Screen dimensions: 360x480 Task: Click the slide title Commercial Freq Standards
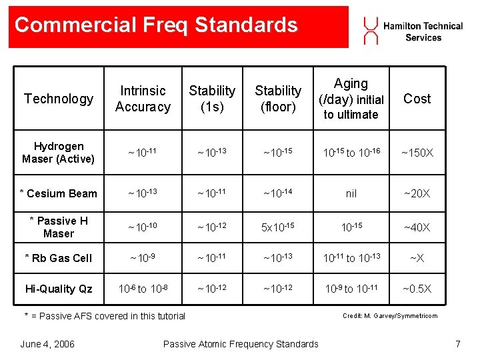[x=156, y=25]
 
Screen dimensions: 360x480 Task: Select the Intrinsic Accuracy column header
[x=143, y=99]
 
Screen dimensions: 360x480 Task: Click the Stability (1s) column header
[x=212, y=99]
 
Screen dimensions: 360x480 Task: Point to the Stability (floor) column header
[x=278, y=99]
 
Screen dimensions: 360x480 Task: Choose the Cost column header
[x=417, y=99]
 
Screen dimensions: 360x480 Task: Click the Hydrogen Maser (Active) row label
[x=59, y=153]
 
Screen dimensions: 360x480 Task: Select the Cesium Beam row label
[x=58, y=193]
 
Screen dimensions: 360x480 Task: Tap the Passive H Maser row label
[x=59, y=227]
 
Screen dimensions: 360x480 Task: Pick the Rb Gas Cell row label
[x=58, y=258]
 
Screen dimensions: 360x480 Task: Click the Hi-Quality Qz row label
[x=59, y=289]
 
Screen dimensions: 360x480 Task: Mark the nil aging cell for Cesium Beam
[x=351, y=193]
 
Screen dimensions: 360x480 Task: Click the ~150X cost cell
[x=417, y=153]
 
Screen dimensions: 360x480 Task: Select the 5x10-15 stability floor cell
[x=278, y=227]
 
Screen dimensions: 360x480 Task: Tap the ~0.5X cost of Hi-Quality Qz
[x=417, y=289]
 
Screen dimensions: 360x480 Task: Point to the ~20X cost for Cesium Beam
[x=417, y=193]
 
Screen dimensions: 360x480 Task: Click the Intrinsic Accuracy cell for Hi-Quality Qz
[x=143, y=289]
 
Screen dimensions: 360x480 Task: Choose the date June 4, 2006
[x=47, y=344]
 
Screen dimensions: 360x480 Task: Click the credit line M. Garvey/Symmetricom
[x=390, y=316]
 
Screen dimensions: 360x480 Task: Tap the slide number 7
[x=457, y=344]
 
